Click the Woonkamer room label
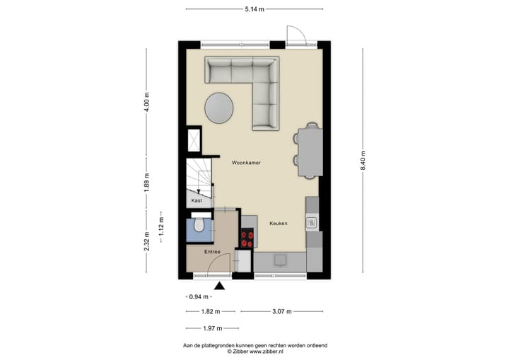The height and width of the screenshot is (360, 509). click(x=246, y=162)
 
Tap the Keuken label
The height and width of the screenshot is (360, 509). click(x=278, y=223)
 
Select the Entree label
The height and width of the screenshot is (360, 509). click(x=213, y=252)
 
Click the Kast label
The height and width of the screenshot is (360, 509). click(x=197, y=201)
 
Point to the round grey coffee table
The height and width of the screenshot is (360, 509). click(x=220, y=108)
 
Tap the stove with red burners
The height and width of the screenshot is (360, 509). click(x=247, y=239)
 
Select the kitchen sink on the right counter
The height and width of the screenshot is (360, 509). click(x=311, y=223)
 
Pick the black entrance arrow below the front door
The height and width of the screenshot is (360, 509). click(x=219, y=286)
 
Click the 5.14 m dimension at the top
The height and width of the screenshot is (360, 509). click(x=255, y=9)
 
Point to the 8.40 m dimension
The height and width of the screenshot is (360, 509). click(x=363, y=161)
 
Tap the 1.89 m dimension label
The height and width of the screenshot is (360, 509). click(x=147, y=182)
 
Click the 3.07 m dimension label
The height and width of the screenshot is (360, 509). click(x=281, y=311)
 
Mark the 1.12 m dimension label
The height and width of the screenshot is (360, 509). click(x=161, y=225)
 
